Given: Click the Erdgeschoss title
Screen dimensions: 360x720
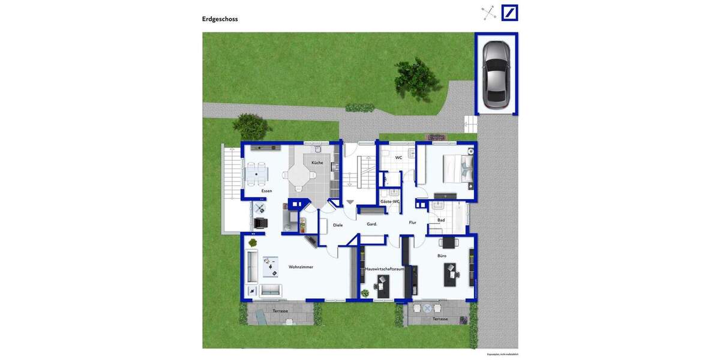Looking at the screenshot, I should pyautogui.click(x=220, y=19).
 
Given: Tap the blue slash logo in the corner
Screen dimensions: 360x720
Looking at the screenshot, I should pyautogui.click(x=510, y=13).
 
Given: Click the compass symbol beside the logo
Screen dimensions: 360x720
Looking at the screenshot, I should pyautogui.click(x=489, y=13).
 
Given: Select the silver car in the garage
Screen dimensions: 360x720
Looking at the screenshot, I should pyautogui.click(x=496, y=74).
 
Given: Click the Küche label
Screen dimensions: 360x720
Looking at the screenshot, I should pyautogui.click(x=317, y=163).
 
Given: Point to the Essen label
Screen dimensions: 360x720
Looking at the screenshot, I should pyautogui.click(x=266, y=191).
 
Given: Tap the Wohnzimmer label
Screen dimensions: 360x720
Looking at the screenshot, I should pyautogui.click(x=301, y=267).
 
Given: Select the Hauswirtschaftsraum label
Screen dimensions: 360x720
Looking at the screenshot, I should pyautogui.click(x=384, y=269).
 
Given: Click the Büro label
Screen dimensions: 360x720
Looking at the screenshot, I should pyautogui.click(x=442, y=256).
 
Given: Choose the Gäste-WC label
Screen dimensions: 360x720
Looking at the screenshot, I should pyautogui.click(x=389, y=202).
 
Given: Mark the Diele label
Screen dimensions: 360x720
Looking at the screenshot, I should pyautogui.click(x=338, y=225).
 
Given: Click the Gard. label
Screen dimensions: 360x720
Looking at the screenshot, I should pyautogui.click(x=372, y=224).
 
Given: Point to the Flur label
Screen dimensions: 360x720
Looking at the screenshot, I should pyautogui.click(x=413, y=223).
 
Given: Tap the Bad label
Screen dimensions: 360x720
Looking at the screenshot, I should pyautogui.click(x=441, y=220).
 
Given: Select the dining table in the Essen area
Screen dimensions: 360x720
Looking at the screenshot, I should pyautogui.click(x=257, y=174).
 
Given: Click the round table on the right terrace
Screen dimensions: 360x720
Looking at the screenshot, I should pyautogui.click(x=427, y=308).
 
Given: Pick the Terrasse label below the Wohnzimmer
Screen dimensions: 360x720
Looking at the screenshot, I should pyautogui.click(x=280, y=311).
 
